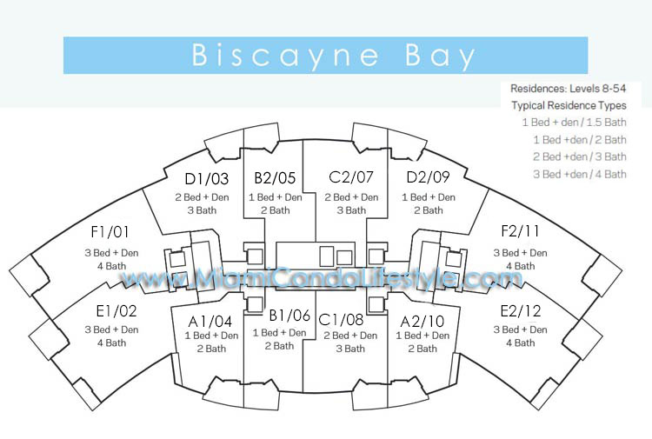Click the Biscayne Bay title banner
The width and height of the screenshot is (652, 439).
326,56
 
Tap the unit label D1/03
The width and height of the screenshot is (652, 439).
207,179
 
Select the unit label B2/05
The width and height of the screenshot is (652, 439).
275,178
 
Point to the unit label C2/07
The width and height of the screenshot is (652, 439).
351,177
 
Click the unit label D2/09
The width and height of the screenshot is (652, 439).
428,177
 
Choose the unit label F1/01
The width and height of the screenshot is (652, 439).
110,232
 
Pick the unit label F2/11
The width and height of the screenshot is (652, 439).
520,231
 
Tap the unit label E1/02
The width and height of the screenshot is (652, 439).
116,311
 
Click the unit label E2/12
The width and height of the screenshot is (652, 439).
521,311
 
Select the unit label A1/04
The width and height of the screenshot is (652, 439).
210,322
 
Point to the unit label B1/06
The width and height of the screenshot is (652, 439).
289,316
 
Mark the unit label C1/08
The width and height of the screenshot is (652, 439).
341,320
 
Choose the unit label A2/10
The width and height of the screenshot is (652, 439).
422,322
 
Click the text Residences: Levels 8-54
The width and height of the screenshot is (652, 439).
568,89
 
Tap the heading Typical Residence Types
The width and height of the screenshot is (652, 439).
569,105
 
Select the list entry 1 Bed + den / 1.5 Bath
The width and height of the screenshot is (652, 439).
575,123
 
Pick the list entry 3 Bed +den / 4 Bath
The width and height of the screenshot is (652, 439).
580,174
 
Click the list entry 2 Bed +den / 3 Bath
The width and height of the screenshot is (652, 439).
580,156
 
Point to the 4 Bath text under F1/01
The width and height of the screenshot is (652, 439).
111,266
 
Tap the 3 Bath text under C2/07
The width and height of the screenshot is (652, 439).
351,210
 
